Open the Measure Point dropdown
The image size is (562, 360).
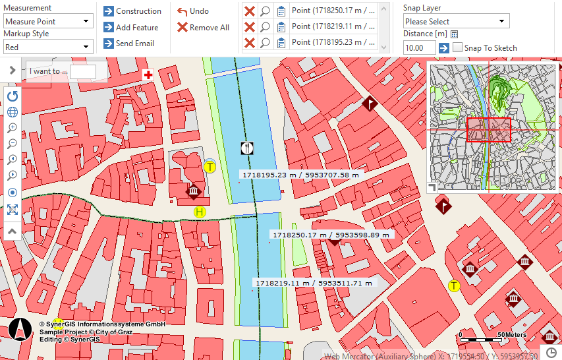pos(47,21)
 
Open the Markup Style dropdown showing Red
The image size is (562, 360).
pos(47,47)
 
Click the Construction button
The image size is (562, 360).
pos(132,11)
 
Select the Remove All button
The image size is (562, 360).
pos(203,28)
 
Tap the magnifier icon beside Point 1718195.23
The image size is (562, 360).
pos(265,43)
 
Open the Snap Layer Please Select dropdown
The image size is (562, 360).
pos(456,22)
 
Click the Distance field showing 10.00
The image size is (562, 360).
pos(419,48)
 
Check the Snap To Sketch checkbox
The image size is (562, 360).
pos(458,48)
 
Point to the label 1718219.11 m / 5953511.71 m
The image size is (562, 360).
pos(314,283)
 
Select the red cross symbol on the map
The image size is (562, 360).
pos(148,76)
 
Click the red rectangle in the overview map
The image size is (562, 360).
pos(488,130)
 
